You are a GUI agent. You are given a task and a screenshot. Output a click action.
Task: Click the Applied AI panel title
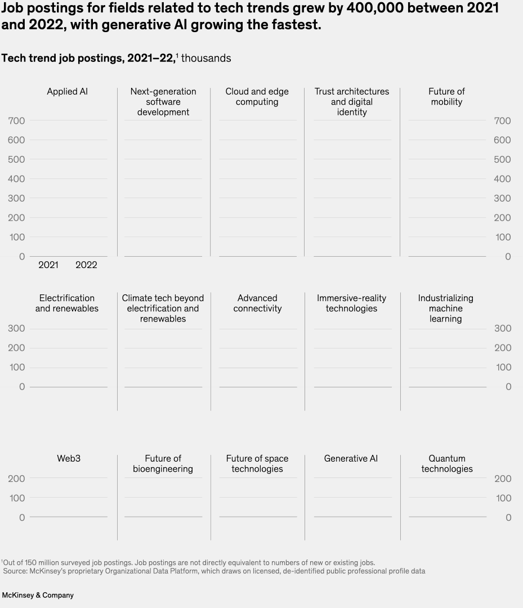coord(67,91)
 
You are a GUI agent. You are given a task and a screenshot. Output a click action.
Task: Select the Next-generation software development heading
coord(163,102)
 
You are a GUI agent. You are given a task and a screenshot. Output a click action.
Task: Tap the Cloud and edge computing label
coord(257,97)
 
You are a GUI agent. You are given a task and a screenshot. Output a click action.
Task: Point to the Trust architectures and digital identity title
coord(351,102)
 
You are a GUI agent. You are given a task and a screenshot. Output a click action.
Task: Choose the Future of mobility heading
coord(446,97)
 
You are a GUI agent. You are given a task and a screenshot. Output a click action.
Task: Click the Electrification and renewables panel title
coord(67,303)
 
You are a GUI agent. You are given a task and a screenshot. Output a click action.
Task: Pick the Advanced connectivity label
coord(257,303)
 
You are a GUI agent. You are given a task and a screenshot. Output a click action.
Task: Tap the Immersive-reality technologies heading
coord(351,303)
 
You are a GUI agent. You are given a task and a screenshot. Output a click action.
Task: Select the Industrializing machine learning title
coord(446,309)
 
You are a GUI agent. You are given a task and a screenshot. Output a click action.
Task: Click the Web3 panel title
coord(69,458)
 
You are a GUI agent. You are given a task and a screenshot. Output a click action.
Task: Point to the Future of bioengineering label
coord(163,464)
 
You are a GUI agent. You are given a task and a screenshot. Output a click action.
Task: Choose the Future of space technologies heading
coord(257,464)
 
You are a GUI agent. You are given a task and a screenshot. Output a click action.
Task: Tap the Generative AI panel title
coord(351,458)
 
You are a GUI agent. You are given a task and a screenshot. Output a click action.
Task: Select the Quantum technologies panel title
coord(447,464)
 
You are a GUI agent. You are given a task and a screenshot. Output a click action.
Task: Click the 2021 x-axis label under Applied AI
coord(48,265)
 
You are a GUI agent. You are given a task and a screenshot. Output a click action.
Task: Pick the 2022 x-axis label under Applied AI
coord(86,265)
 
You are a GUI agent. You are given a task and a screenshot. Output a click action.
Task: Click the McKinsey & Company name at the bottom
coord(38,595)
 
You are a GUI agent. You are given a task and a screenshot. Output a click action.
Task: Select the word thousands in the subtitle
coord(206,59)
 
